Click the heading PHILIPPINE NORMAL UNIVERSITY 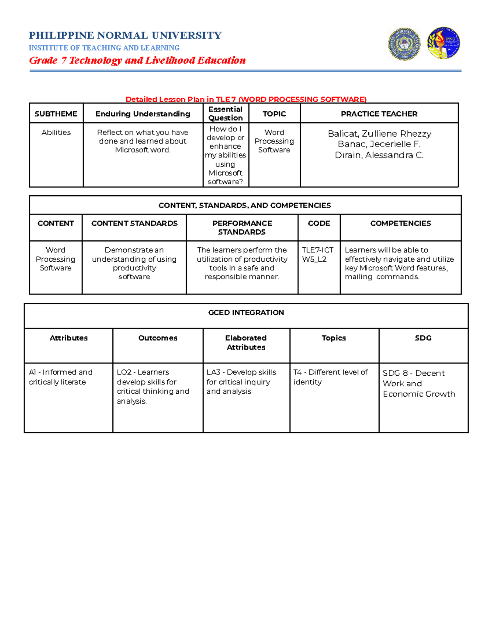point(125,36)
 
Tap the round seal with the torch point(443,43)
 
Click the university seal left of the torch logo point(404,43)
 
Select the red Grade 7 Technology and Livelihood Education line point(137,61)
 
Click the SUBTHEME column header point(56,114)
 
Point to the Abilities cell point(56,132)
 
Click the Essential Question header point(225,114)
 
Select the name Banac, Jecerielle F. point(379,144)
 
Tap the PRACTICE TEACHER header point(379,114)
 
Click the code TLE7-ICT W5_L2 point(318,254)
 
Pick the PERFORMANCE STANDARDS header point(242,228)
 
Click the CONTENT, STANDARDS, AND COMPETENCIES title point(245,205)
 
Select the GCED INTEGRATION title point(246,313)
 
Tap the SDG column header point(423,338)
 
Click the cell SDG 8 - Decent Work point(419,384)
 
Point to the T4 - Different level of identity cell point(330,377)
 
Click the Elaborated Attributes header point(246,342)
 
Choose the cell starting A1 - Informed point(61,377)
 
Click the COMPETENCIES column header point(401,223)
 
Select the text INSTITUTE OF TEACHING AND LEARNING point(104,48)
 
